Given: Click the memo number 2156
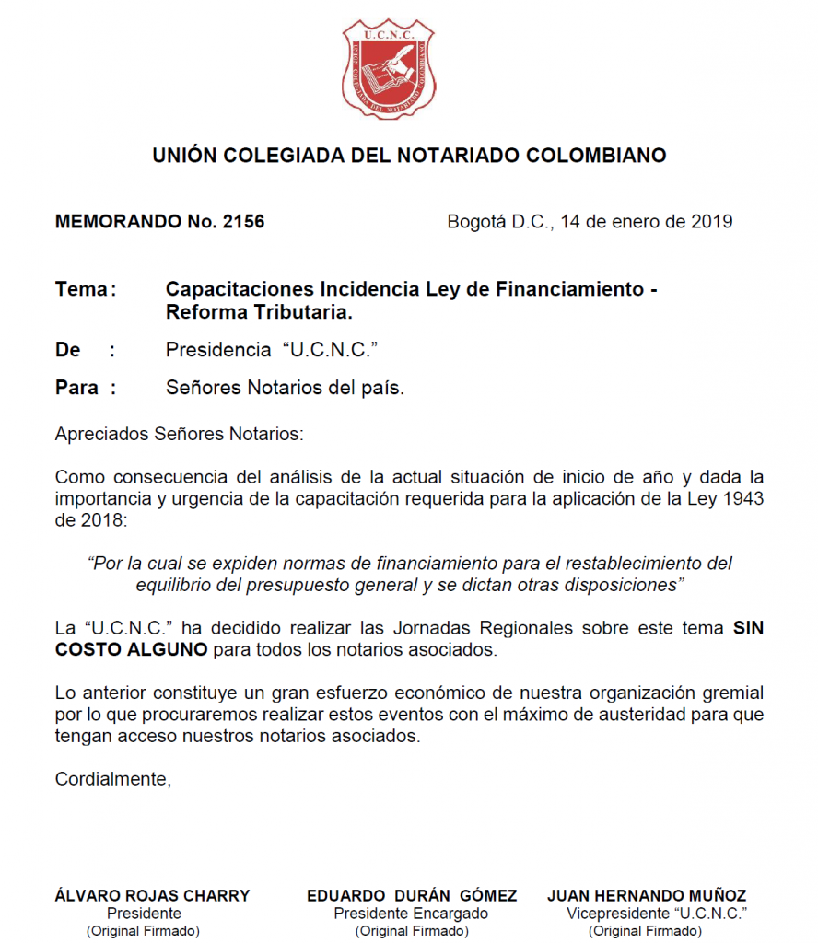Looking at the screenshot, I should [243, 222].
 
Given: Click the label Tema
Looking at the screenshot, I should [82, 289].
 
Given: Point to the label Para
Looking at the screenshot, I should [77, 388].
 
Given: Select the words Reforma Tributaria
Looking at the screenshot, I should [259, 312].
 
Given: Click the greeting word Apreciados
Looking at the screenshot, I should [99, 433].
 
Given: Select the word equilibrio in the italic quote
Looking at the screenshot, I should [178, 585].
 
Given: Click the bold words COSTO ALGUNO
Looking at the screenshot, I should [132, 651].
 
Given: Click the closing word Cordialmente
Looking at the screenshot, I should [112, 779].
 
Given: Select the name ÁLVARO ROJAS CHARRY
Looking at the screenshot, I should [153, 895].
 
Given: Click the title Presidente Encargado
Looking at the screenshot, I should [411, 914].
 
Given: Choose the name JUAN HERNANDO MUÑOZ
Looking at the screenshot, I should [647, 895].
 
